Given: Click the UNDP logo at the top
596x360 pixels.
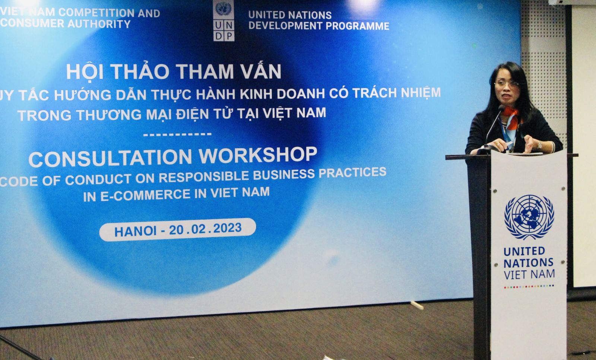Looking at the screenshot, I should (x=224, y=20).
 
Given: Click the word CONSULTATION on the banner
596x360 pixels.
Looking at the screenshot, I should (x=111, y=158).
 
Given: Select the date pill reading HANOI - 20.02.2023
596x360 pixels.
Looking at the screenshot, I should (x=178, y=229).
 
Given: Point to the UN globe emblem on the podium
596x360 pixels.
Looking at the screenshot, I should (x=529, y=217).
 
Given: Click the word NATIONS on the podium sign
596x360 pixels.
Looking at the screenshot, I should (x=528, y=263).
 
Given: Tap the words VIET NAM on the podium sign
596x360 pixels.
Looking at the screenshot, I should (x=529, y=275).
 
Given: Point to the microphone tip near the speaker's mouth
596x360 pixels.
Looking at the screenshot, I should (x=501, y=108).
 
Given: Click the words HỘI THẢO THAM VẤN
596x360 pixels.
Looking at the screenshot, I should (x=174, y=71).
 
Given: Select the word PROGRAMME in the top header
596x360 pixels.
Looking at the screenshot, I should (x=358, y=26).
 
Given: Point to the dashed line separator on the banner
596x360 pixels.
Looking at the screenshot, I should (x=177, y=134).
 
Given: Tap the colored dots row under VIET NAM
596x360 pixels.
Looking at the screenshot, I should (x=529, y=286).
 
